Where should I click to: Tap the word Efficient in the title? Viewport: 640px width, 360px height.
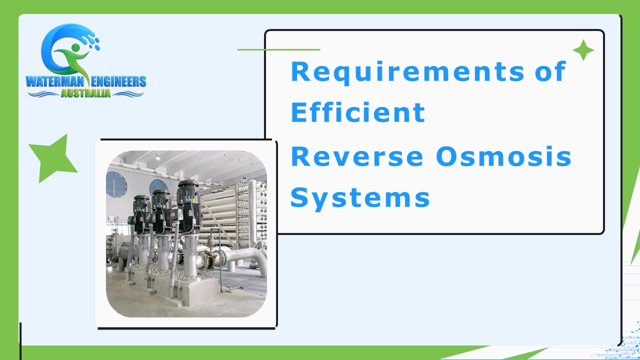pyautogui.click(x=357, y=113)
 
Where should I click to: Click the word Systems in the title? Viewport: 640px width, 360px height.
pyautogui.click(x=360, y=197)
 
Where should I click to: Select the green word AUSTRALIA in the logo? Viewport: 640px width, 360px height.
pyautogui.click(x=85, y=93)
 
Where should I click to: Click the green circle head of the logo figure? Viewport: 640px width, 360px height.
pyautogui.click(x=76, y=48)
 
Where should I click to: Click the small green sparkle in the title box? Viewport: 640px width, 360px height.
pyautogui.click(x=583, y=50)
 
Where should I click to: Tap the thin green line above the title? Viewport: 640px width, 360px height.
pyautogui.click(x=278, y=49)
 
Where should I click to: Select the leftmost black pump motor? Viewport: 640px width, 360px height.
pyautogui.click(x=141, y=214)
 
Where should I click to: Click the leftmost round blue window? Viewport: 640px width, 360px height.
pyautogui.click(x=116, y=184)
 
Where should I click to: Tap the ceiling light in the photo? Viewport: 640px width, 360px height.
pyautogui.click(x=158, y=157)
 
